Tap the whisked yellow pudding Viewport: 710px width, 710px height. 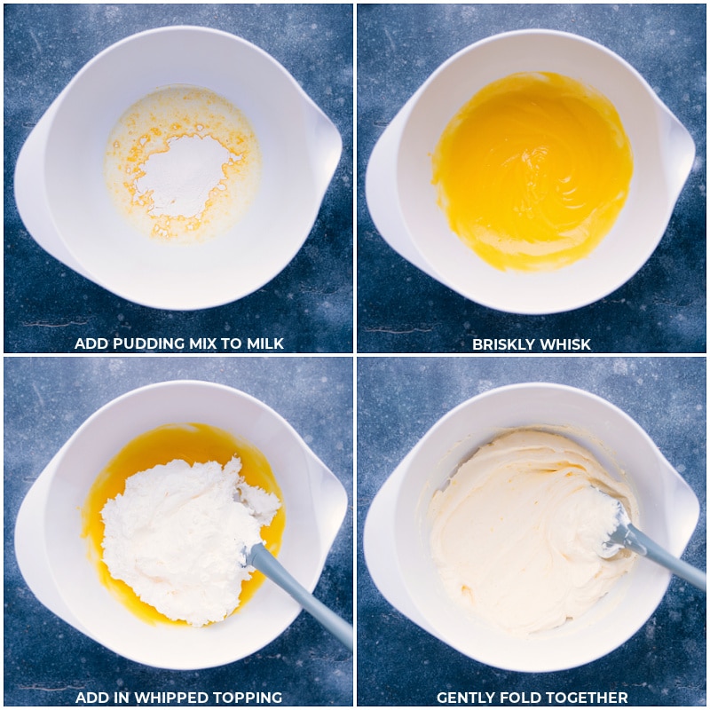click(532, 170)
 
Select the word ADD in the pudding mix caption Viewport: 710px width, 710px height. click(91, 343)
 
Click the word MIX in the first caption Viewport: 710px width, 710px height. click(202, 343)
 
